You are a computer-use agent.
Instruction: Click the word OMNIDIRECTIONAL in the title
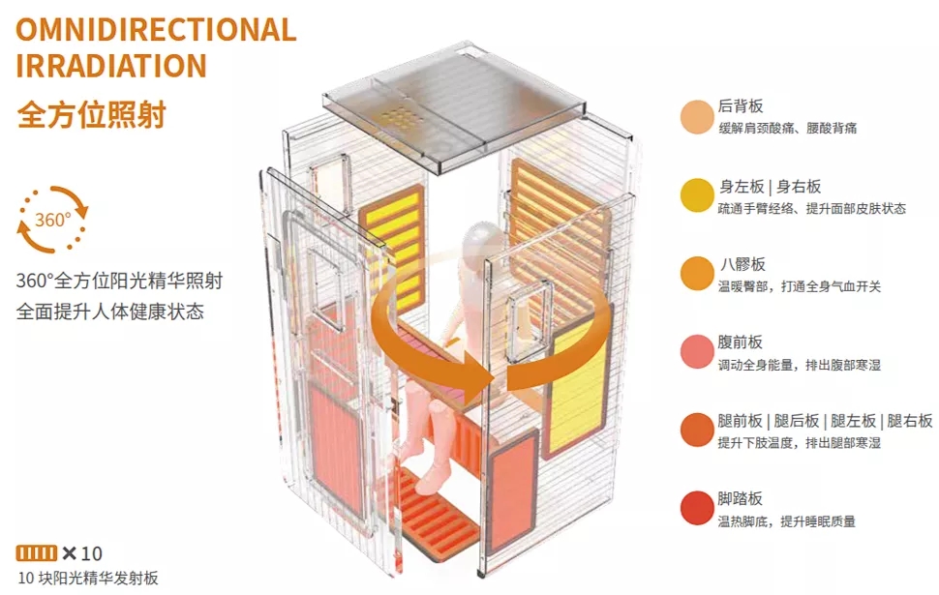[x=156, y=29]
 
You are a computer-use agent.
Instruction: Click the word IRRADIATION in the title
[x=111, y=66]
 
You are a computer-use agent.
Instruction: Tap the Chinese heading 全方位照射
[x=92, y=114]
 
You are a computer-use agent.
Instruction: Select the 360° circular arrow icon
[x=53, y=219]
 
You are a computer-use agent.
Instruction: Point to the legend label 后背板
[x=741, y=107]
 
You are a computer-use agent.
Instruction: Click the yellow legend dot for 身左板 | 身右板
[x=697, y=195]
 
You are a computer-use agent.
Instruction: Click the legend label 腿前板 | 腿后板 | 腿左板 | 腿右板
[x=825, y=421]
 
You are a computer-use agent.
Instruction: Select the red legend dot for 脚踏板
[x=697, y=509]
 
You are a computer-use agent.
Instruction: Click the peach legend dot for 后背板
[x=697, y=117]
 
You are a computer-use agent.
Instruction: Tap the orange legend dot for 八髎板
[x=697, y=274]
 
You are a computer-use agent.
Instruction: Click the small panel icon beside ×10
[x=37, y=553]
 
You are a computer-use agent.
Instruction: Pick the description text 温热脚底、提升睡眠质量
[x=786, y=521]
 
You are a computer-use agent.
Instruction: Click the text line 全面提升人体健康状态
[x=110, y=312]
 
